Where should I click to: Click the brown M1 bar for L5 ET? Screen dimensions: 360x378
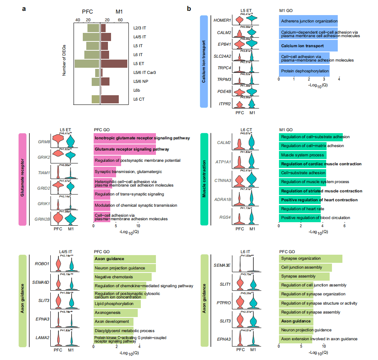tap(114, 64)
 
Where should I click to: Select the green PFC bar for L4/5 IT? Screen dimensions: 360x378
tap(91, 37)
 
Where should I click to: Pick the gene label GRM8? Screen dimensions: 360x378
tap(43, 141)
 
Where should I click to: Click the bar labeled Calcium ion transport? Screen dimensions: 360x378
tap(308, 46)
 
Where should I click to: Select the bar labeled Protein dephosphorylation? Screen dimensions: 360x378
tap(304, 71)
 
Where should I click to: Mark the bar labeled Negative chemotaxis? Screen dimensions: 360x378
tap(122, 277)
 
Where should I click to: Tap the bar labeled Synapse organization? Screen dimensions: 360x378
tap(310, 259)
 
